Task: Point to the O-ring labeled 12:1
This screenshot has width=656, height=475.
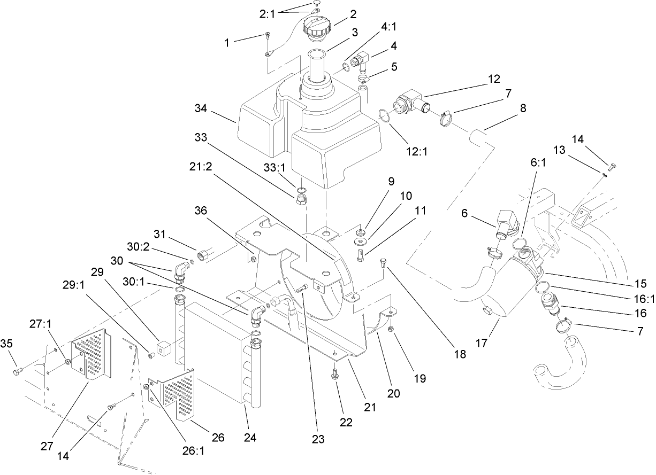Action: point(383,116)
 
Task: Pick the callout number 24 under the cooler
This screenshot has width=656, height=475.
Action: point(250,438)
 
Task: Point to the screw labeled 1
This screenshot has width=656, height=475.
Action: point(268,36)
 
